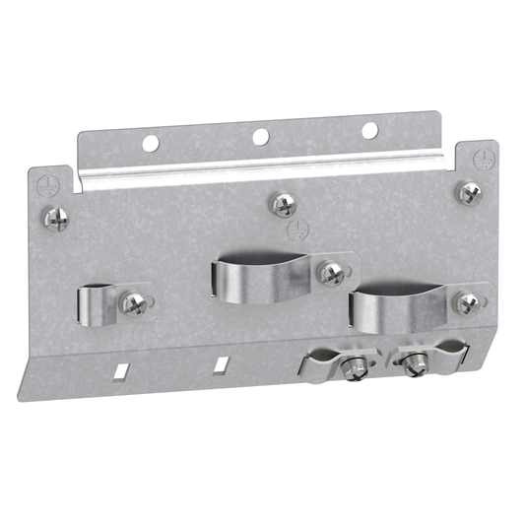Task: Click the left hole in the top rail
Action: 150,144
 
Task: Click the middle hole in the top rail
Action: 261,137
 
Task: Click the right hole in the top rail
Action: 369,130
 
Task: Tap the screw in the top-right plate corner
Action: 466,190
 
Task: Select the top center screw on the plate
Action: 284,204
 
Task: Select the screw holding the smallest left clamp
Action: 131,302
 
